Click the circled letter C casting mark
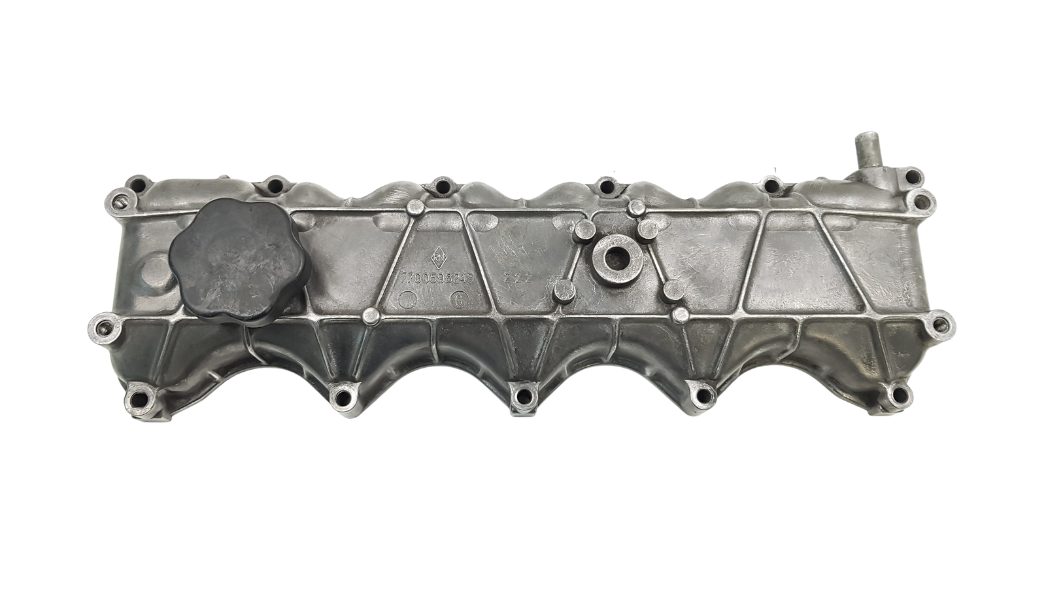click(458, 300)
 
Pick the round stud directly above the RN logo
click(414, 208)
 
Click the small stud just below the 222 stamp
click(560, 290)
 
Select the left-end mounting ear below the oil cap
click(102, 325)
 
